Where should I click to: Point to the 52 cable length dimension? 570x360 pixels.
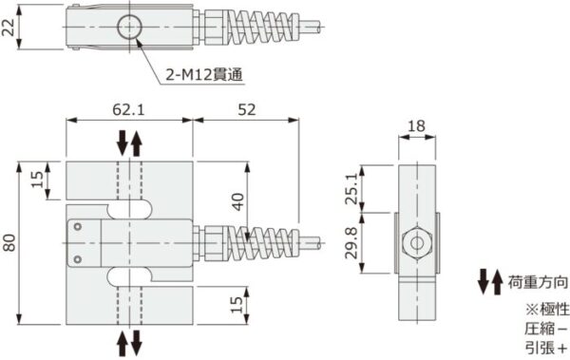(245, 110)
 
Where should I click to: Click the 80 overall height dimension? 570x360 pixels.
(10, 242)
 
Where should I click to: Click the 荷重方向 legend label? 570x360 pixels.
(538, 282)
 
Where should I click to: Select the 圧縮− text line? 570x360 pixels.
(544, 328)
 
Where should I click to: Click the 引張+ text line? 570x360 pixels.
(544, 347)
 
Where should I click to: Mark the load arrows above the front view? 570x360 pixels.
(128, 145)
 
